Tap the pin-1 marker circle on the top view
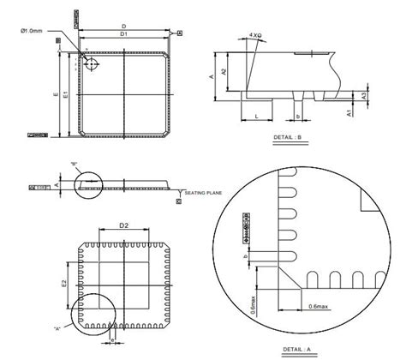click(92, 64)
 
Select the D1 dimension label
click(123, 35)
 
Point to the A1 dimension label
click(349, 111)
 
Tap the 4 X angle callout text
click(255, 36)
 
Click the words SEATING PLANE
click(202, 193)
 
